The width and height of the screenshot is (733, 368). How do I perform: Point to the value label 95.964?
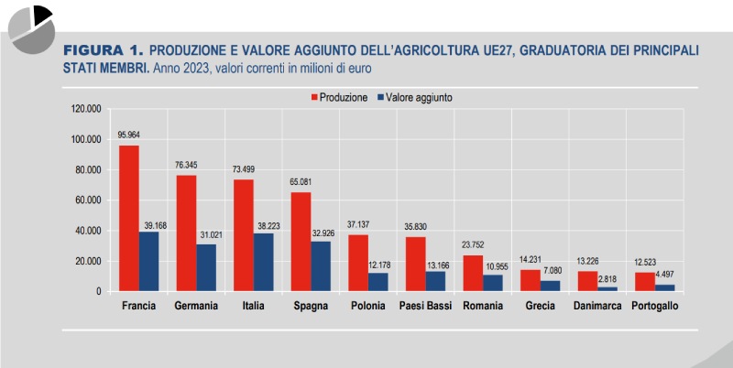(128, 135)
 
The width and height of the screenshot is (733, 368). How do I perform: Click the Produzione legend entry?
(339, 96)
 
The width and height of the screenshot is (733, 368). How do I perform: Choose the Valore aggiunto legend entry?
(414, 96)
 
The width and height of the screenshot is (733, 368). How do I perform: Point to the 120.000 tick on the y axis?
(85, 109)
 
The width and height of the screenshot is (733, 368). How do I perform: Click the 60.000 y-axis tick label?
(88, 200)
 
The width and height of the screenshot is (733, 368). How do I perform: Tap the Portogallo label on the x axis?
(655, 306)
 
